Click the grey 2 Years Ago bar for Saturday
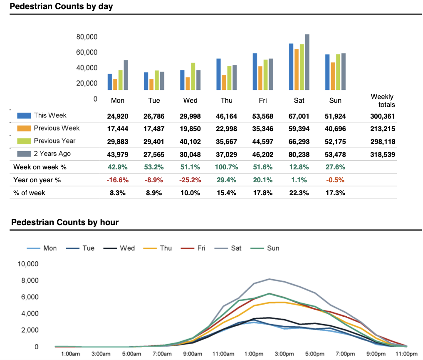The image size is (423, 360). [x=307, y=62]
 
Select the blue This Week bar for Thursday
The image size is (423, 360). [x=219, y=74]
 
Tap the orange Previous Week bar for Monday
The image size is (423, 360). [x=115, y=84]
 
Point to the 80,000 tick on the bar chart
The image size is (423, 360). [x=87, y=37]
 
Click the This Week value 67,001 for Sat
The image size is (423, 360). [x=299, y=116]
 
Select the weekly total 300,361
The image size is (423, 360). [x=383, y=117]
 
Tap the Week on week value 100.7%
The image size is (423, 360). [x=227, y=167]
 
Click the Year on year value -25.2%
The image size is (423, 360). [x=190, y=180]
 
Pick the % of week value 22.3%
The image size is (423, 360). [x=299, y=193]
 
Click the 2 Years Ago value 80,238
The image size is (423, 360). [x=299, y=154]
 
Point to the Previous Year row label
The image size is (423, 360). [x=54, y=141]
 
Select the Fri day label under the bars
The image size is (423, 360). [x=263, y=100]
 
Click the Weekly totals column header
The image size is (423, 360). [x=383, y=100]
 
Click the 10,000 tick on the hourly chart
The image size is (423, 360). [x=27, y=264]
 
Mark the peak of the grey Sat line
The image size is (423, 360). [x=270, y=279]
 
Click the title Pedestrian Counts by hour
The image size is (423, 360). [x=65, y=222]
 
